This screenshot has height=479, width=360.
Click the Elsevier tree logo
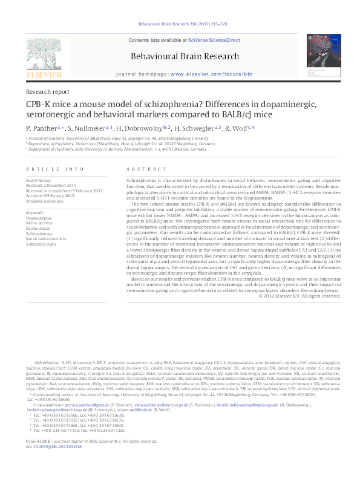coord(43,59)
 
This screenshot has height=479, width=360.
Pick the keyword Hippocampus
coord(39,218)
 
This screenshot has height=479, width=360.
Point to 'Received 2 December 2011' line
coord(53,185)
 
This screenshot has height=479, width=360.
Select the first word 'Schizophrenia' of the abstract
coord(140,181)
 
